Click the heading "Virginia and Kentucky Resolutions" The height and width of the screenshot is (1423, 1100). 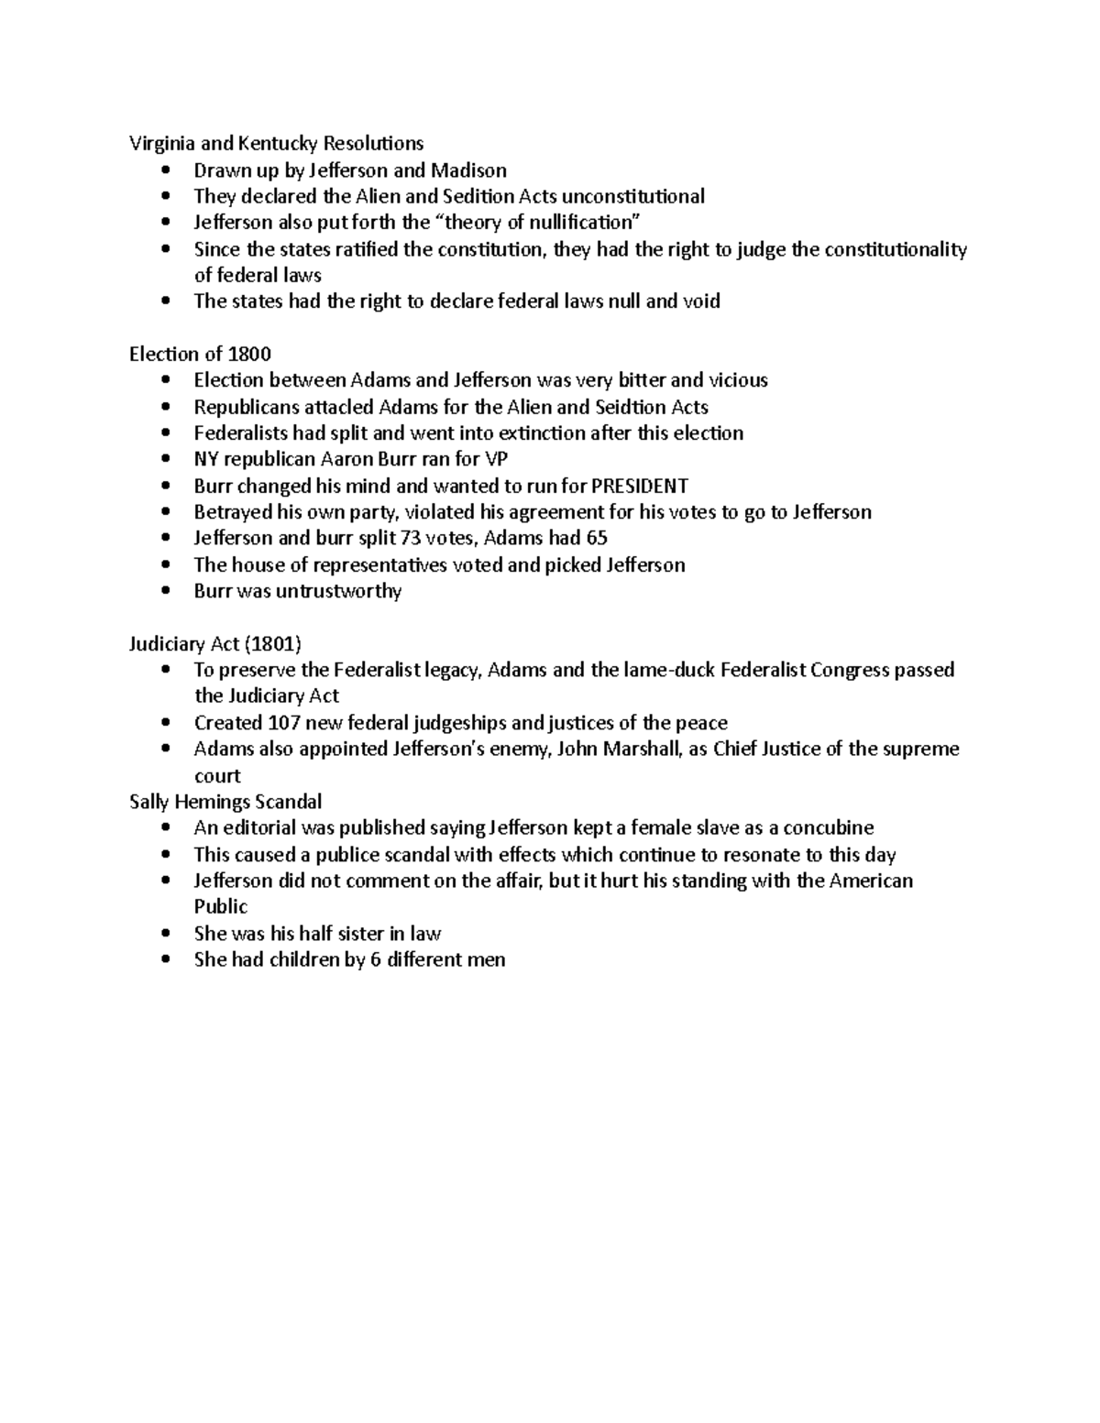276,143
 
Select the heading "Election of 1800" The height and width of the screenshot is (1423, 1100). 200,354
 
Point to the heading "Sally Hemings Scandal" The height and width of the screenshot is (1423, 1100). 225,802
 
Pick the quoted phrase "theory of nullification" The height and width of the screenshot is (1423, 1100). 535,223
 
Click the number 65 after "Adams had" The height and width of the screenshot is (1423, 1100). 597,538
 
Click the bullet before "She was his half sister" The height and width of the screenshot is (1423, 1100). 165,934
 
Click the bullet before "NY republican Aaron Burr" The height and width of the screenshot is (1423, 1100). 165,459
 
